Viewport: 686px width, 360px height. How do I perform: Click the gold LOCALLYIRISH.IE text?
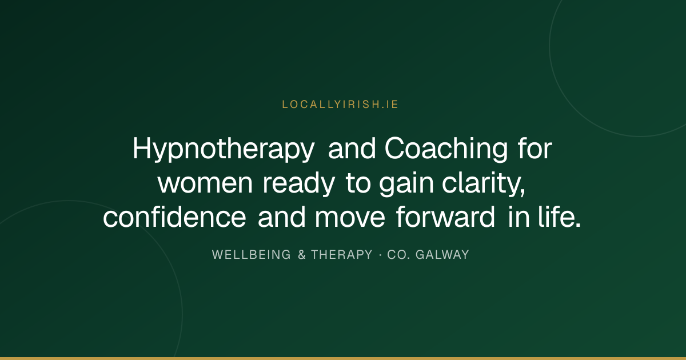click(340, 105)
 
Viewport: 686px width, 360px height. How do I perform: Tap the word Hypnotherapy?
click(224, 149)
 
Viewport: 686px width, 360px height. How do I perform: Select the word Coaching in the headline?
click(446, 149)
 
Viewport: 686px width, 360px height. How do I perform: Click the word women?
click(205, 183)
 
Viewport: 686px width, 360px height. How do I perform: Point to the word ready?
click(298, 183)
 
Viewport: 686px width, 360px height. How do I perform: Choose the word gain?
click(406, 183)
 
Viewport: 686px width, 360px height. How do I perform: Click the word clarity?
click(483, 183)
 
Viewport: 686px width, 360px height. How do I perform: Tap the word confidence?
click(174, 217)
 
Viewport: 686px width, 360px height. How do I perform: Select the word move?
click(350, 218)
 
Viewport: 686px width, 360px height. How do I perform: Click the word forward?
click(445, 217)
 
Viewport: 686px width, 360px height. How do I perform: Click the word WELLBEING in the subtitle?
click(251, 255)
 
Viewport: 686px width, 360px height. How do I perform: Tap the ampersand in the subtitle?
click(302, 255)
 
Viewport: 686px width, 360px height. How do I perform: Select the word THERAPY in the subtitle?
click(342, 255)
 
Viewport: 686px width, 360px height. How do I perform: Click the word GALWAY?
click(442, 255)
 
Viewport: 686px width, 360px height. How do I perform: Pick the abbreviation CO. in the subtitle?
click(398, 255)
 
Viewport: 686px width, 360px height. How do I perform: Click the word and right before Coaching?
click(352, 149)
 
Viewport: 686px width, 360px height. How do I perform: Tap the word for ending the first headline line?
click(535, 149)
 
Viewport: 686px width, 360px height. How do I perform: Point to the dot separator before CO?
click(380, 255)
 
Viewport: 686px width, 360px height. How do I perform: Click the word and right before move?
click(281, 217)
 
